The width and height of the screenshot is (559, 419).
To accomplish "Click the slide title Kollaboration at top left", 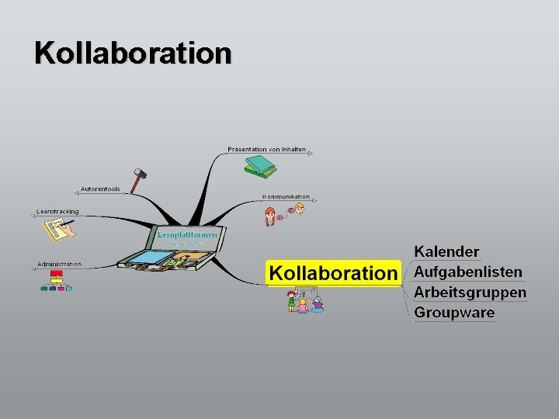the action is pos(133,54).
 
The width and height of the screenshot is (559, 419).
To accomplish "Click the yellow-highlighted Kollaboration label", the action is pos(332,273).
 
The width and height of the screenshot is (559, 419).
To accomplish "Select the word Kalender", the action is pos(446,251).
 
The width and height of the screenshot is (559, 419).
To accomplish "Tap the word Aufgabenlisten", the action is pos(468,272).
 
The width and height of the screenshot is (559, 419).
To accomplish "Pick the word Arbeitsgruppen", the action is pos(470,293).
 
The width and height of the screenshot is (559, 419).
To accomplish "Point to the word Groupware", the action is pos(454,313).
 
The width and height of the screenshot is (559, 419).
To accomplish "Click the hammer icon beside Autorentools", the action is pos(139,180).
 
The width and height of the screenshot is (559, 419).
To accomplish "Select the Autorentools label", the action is pos(100,189).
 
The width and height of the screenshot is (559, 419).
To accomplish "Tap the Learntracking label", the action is pos(57,211).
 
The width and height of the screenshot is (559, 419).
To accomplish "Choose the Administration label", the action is pos(59,265).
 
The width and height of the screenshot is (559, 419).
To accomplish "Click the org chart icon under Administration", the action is pos(56,281).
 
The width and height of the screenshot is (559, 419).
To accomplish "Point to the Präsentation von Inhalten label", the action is pos(266,149).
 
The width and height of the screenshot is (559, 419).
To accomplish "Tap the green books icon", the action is pos(260,165).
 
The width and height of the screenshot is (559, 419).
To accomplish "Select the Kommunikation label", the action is pos(286,197).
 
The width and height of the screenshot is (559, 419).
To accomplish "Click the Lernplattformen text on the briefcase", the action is pos(188,234).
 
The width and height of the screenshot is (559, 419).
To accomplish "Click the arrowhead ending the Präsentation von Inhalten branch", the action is pos(311,154).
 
